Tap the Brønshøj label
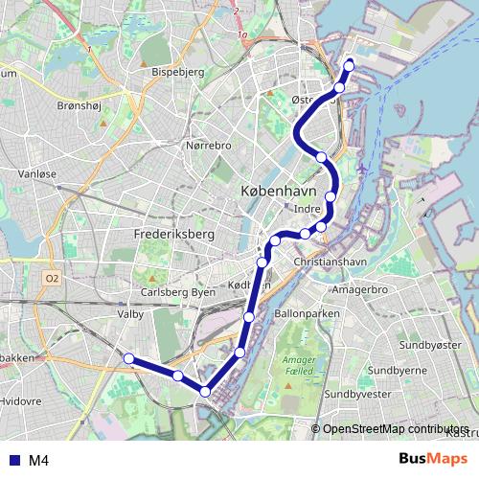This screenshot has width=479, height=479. pyautogui.click(x=81, y=106)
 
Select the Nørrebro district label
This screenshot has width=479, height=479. pyautogui.click(x=208, y=146)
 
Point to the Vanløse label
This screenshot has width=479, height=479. pyautogui.click(x=40, y=174)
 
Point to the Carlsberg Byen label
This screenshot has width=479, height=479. pyautogui.click(x=178, y=292)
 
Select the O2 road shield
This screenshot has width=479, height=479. pyautogui.click(x=52, y=278)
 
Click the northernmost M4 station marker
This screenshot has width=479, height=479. pyautogui.click(x=349, y=65)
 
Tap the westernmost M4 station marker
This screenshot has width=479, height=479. pyautogui.click(x=128, y=357)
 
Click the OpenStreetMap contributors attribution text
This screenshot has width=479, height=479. pyautogui.click(x=396, y=429)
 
